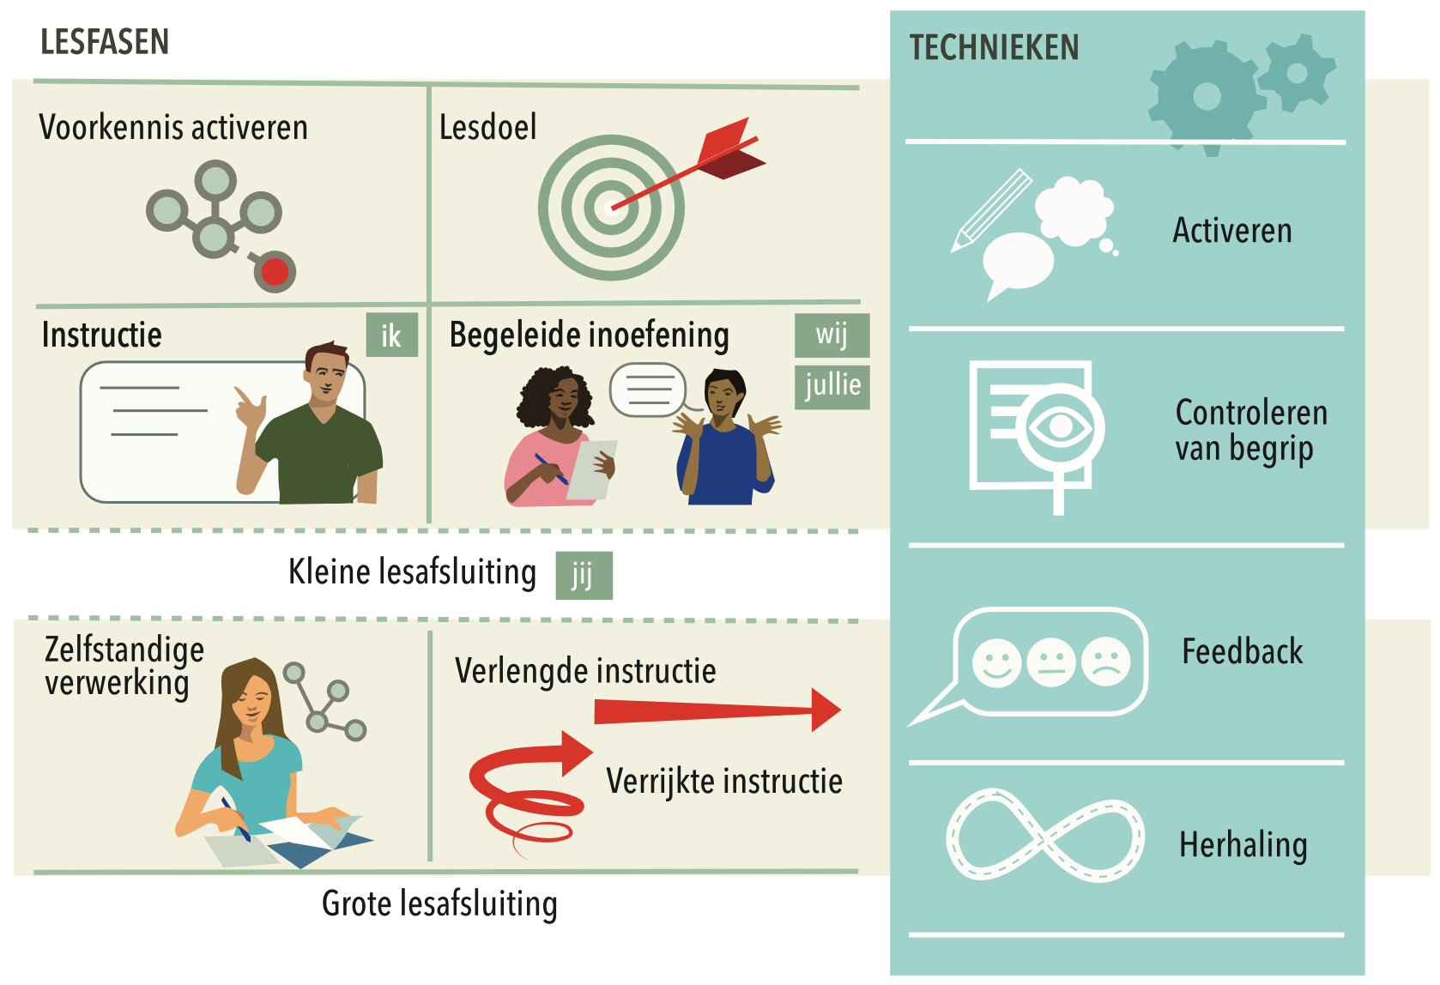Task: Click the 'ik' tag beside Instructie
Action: (391, 335)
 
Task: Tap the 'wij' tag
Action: (832, 335)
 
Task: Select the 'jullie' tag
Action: (832, 386)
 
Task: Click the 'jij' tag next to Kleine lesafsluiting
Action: (584, 575)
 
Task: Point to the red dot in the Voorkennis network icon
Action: (275, 273)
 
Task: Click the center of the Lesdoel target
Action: (610, 207)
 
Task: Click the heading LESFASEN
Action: (105, 42)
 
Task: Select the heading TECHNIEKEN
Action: (994, 48)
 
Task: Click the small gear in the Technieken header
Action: (1297, 73)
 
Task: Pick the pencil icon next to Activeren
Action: (991, 210)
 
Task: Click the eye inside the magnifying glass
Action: (1061, 426)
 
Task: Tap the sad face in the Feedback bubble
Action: (1106, 662)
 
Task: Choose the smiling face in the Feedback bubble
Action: (996, 662)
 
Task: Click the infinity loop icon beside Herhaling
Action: (1044, 835)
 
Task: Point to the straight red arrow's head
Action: (825, 710)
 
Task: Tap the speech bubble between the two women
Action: (649, 390)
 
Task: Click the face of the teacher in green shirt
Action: (326, 376)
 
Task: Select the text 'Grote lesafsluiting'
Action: (439, 903)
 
